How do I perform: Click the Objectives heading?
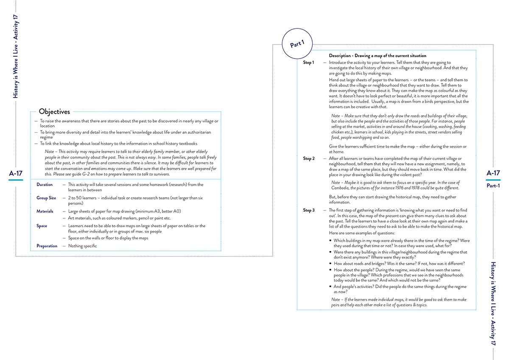pyautogui.click(x=54, y=112)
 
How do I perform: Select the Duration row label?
pyautogui.click(x=45, y=184)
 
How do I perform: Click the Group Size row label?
pyautogui.click(x=46, y=198)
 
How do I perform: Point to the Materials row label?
pyautogui.click(x=45, y=211)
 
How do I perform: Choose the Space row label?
pyautogui.click(x=42, y=226)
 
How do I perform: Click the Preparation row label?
pyautogui.click(x=47, y=246)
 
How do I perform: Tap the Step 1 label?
pyautogui.click(x=308, y=63)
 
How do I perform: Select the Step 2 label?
pyautogui.click(x=308, y=159)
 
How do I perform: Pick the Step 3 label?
pyautogui.click(x=308, y=210)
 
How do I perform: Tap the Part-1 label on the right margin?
pyautogui.click(x=493, y=186)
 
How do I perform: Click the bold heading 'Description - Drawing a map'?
pyautogui.click(x=378, y=56)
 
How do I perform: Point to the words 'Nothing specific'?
pyautogui.click(x=82, y=246)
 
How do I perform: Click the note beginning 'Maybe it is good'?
pyautogui.click(x=394, y=185)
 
